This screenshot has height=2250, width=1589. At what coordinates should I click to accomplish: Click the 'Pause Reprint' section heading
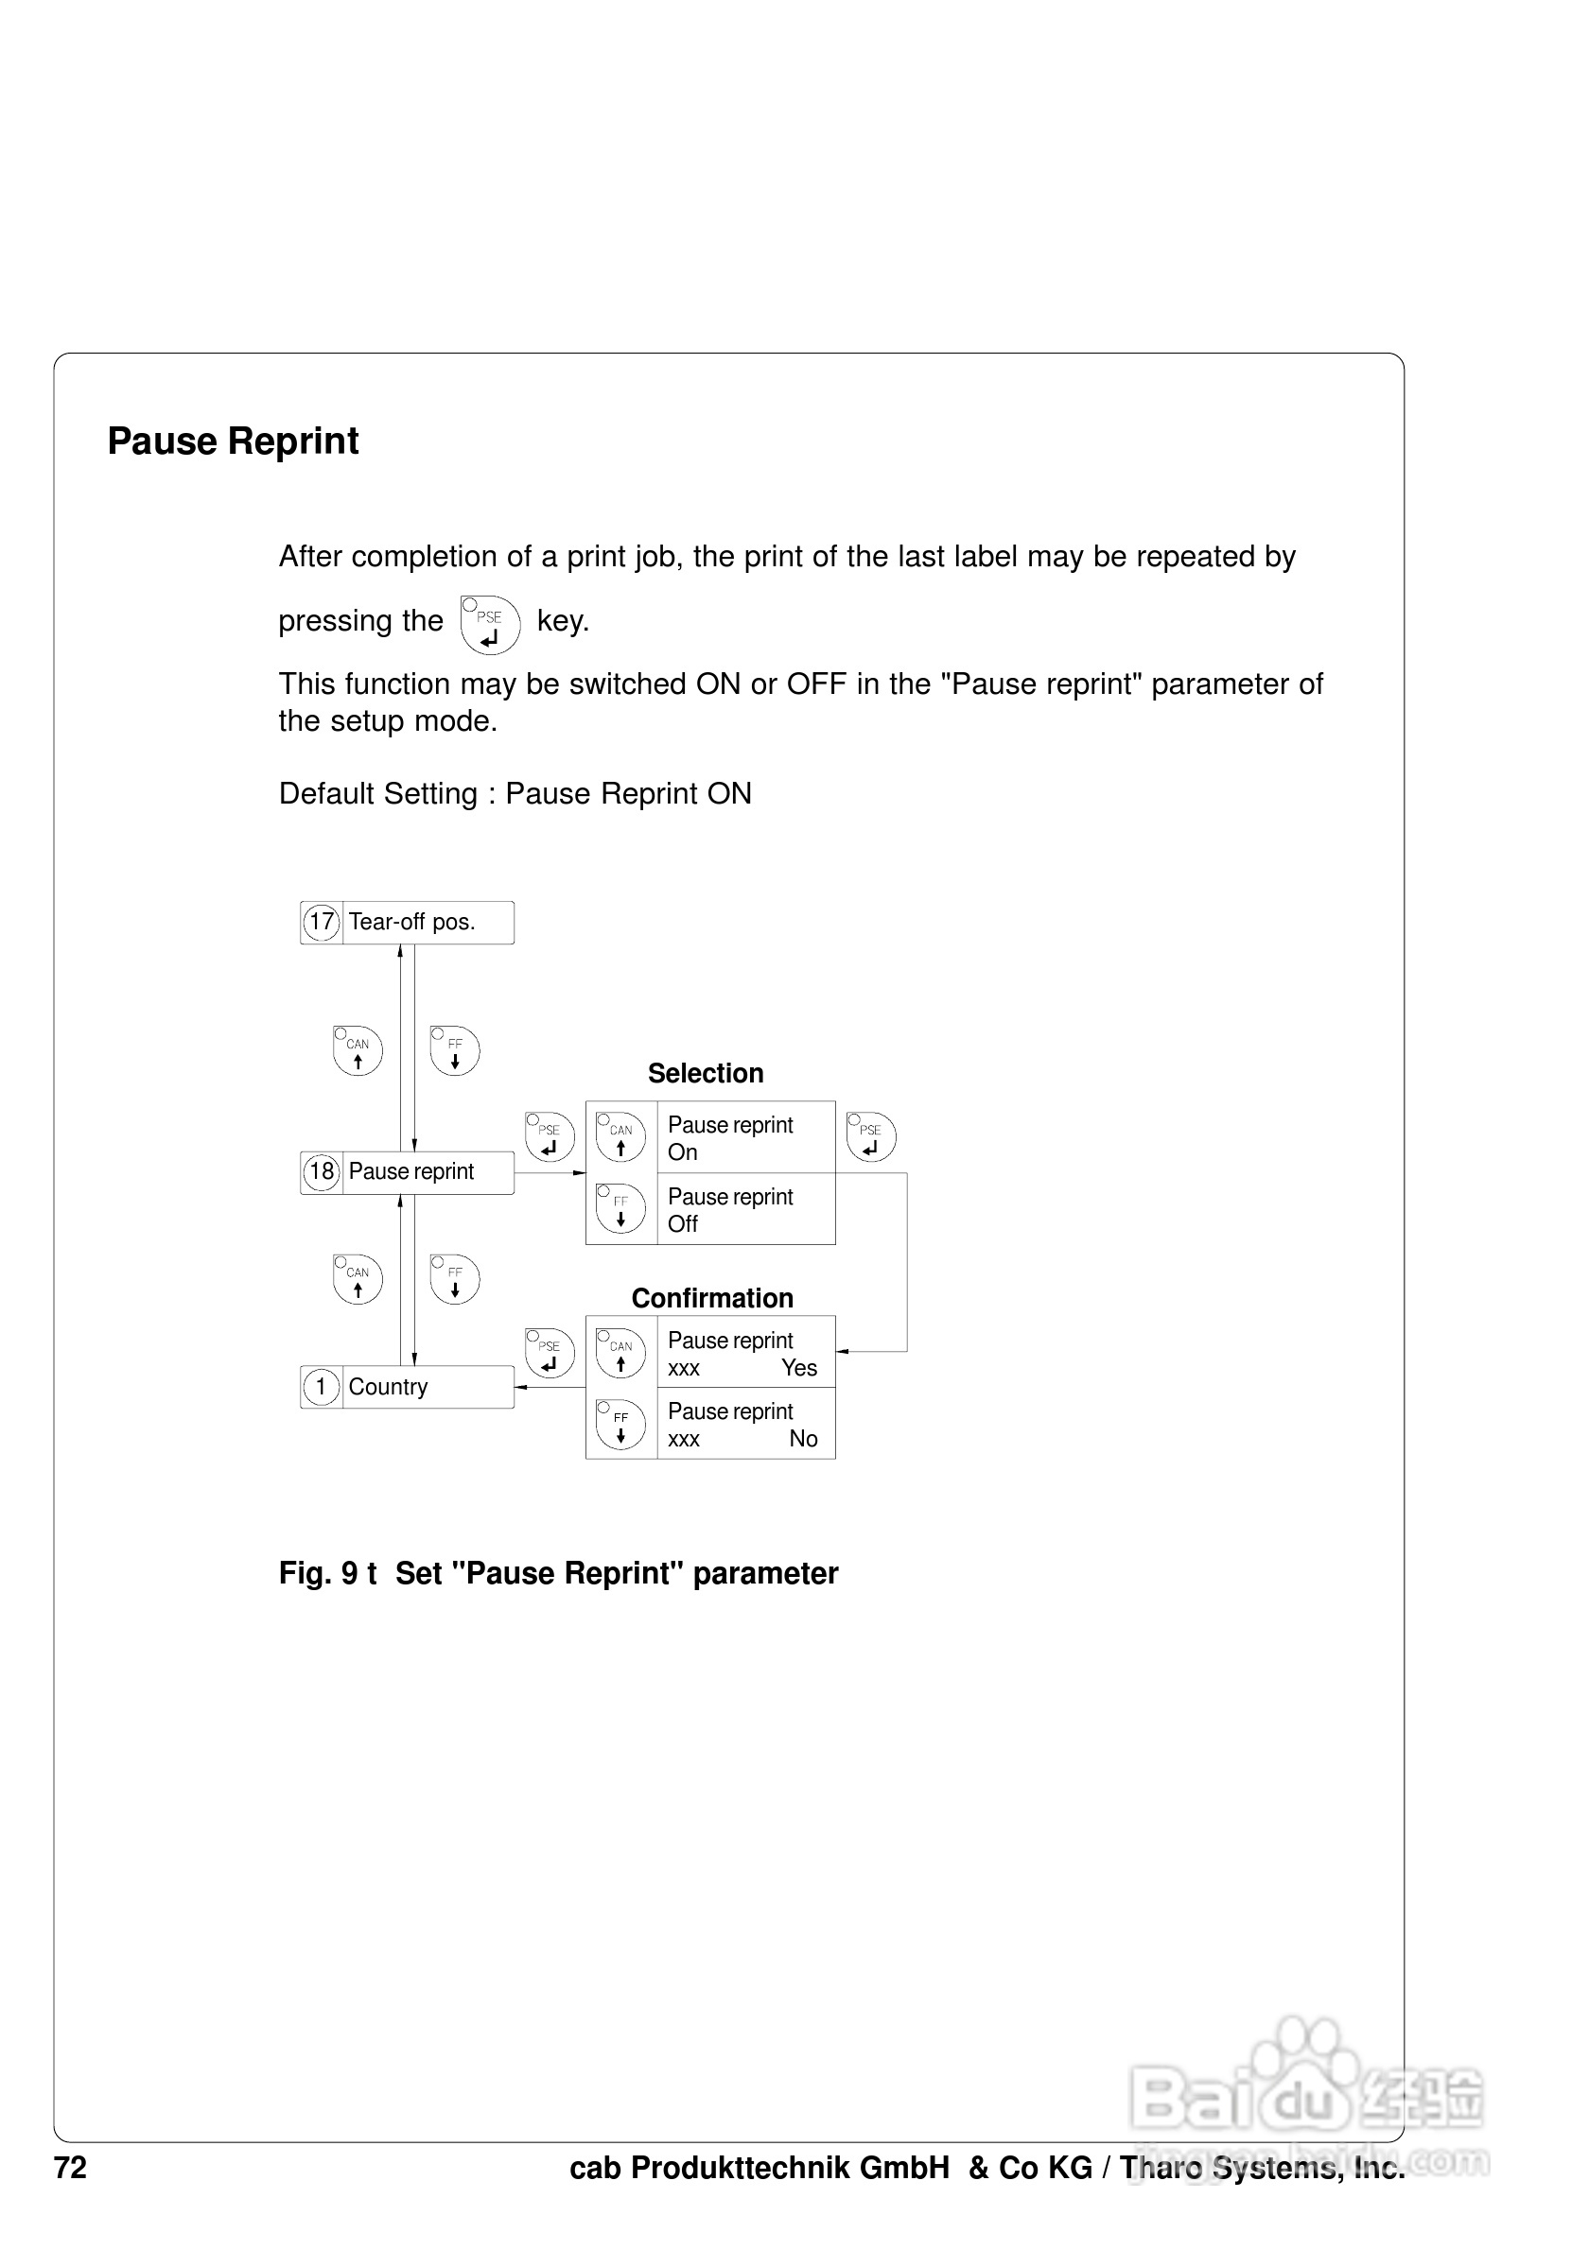(234, 442)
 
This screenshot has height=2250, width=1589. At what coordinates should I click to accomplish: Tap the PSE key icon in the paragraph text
(490, 624)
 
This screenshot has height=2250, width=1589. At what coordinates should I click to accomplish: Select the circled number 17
(321, 922)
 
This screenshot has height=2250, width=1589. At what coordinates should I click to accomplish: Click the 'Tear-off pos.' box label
(411, 922)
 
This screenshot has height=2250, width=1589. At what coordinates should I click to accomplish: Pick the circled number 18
(321, 1172)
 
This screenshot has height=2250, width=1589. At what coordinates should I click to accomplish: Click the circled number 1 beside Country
(321, 1387)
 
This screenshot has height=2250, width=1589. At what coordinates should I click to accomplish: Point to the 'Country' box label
(388, 1387)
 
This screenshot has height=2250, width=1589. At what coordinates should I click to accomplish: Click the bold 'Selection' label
(705, 1073)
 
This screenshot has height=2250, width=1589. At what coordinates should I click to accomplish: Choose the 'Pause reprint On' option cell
(745, 1137)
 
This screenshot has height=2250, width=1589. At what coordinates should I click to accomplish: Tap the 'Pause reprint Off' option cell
(745, 1209)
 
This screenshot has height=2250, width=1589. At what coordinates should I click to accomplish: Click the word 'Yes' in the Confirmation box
(799, 1368)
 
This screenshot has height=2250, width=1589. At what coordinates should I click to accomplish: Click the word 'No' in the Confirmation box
(803, 1439)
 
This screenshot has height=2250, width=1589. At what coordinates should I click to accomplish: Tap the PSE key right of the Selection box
(870, 1136)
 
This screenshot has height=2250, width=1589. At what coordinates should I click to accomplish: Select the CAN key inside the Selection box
(620, 1136)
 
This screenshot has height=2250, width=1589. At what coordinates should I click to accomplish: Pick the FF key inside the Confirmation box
(620, 1425)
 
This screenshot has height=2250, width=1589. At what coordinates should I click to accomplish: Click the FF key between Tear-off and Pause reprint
(455, 1050)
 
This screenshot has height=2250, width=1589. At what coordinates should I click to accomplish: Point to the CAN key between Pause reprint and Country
(358, 1279)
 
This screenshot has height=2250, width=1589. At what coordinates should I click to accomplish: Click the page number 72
(71, 2168)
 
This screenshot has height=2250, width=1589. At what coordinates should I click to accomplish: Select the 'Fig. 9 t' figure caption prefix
(327, 1573)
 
